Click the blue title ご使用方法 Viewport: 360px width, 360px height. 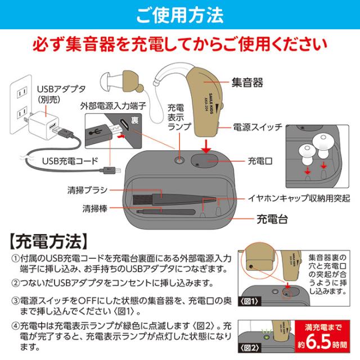[x=179, y=14]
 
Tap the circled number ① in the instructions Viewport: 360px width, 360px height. [x=15, y=258]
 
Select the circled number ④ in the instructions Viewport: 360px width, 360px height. [x=15, y=325]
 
